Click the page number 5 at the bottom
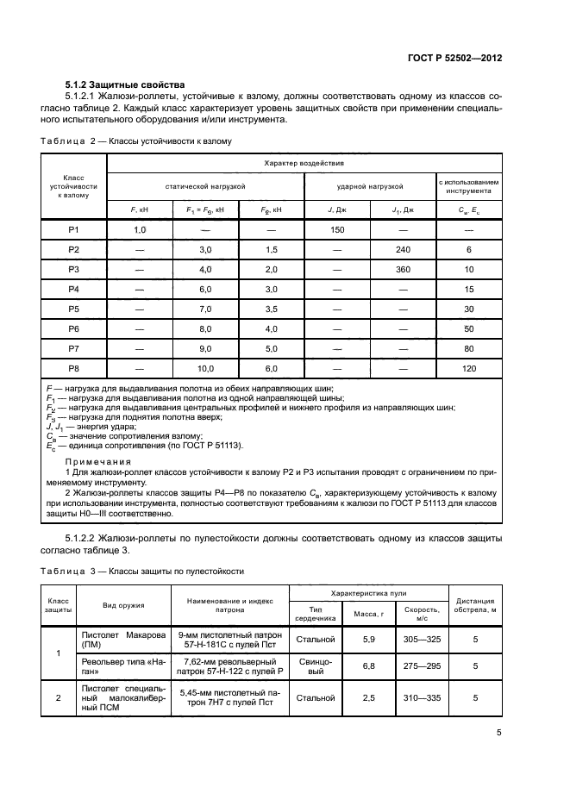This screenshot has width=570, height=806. click(x=499, y=734)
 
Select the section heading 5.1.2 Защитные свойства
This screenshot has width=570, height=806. click(x=125, y=84)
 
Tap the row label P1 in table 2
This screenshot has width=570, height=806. click(x=74, y=229)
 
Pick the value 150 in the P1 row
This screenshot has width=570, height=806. click(x=338, y=229)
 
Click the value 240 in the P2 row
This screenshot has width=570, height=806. click(x=403, y=249)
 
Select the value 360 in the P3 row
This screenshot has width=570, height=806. click(x=403, y=269)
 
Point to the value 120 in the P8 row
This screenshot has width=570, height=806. click(x=469, y=368)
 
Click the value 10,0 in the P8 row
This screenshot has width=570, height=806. click(x=206, y=368)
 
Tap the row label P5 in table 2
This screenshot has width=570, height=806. click(x=74, y=309)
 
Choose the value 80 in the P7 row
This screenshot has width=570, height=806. click(x=469, y=348)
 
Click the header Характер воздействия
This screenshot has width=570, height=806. click(x=304, y=163)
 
